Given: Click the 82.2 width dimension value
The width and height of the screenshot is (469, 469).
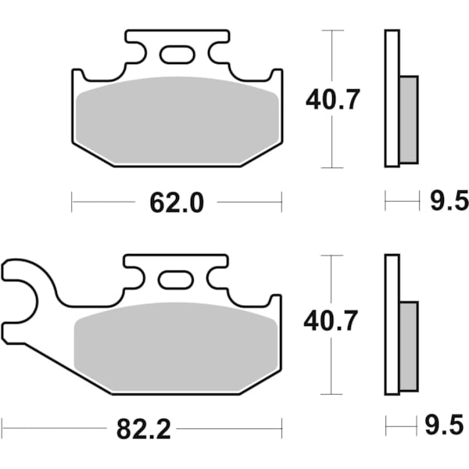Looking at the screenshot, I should tap(142, 428).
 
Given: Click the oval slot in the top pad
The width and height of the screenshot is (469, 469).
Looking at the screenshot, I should tap(177, 55).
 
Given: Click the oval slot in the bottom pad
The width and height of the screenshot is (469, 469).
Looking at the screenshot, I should tap(175, 279).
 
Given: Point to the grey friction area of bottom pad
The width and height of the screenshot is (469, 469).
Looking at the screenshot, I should tap(176, 344).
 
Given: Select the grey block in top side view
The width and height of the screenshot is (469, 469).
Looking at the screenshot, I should tap(408, 119).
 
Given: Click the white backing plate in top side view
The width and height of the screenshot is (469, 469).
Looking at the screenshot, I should tap(392, 98).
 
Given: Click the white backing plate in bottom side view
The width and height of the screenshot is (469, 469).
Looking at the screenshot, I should tap(392, 324).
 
